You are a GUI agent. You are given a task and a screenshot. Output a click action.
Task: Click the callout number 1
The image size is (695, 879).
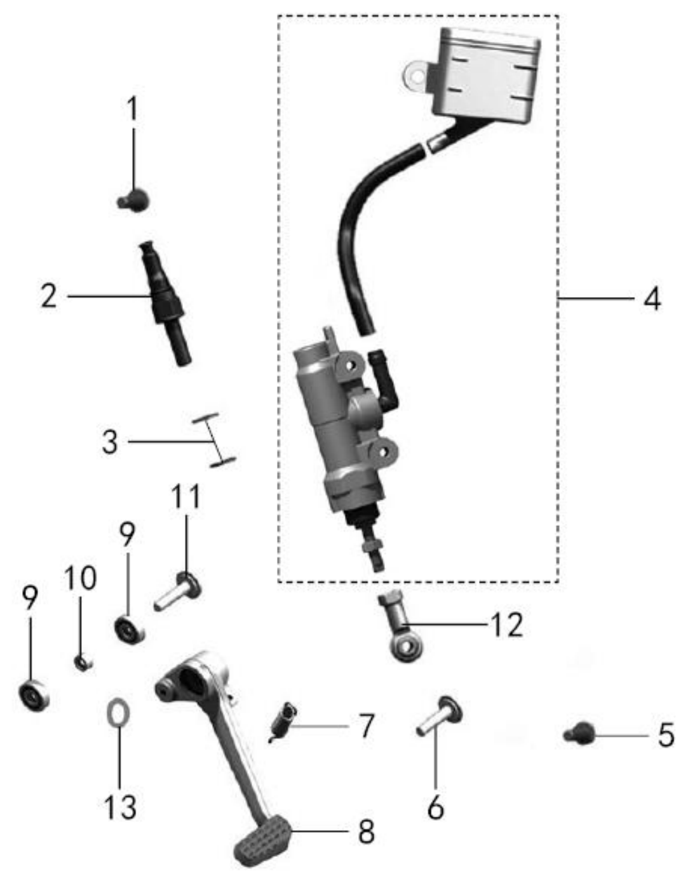tap(132, 109)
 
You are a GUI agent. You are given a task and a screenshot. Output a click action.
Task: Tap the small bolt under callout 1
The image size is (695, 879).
tap(133, 200)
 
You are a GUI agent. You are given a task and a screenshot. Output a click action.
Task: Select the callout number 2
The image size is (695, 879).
tap(49, 296)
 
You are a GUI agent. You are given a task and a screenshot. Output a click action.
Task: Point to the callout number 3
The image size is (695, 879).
tap(110, 442)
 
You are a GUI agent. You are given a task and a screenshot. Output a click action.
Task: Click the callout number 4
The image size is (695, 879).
tap(652, 298)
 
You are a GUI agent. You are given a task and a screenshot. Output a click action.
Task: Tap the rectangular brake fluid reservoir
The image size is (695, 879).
tap(487, 75)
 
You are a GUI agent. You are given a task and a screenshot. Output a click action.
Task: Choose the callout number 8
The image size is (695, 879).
tap(367, 831)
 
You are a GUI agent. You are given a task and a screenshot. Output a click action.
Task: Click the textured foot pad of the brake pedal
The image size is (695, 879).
tap(263, 841)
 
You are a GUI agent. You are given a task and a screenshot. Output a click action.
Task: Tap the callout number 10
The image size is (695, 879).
tap(80, 578)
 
